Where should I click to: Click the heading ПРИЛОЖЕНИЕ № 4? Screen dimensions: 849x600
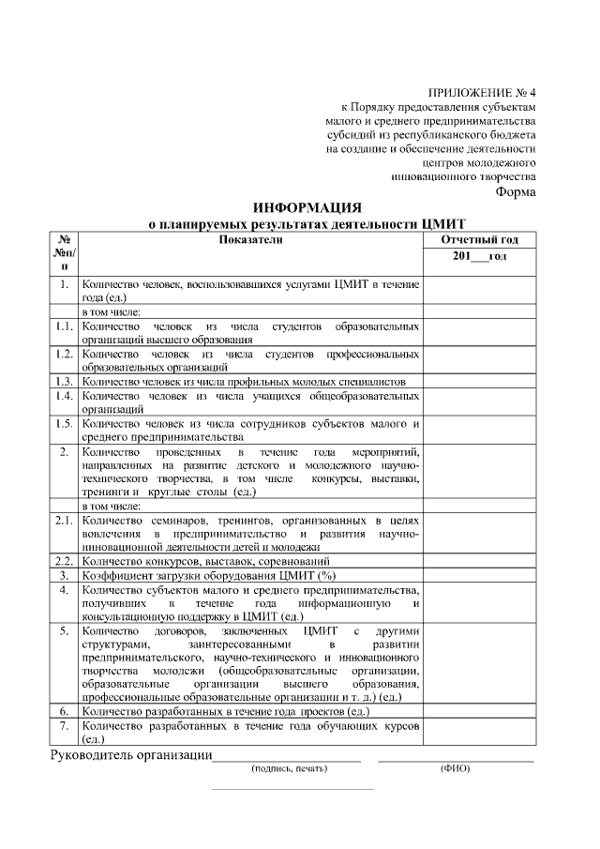pyautogui.click(x=481, y=93)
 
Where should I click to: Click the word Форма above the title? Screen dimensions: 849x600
pyautogui.click(x=515, y=192)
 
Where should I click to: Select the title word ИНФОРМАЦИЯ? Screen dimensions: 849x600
pyautogui.click(x=307, y=208)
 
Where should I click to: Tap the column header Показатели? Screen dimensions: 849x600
pyautogui.click(x=250, y=240)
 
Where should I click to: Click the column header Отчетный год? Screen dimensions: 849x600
pyautogui.click(x=479, y=240)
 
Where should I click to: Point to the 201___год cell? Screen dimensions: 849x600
pyautogui.click(x=479, y=257)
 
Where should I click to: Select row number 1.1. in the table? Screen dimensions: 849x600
pyautogui.click(x=63, y=326)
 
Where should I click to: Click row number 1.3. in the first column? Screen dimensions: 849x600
pyautogui.click(x=63, y=382)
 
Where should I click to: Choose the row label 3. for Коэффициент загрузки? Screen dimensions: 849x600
pyautogui.click(x=63, y=574)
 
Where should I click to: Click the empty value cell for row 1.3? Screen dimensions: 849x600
pyautogui.click(x=479, y=382)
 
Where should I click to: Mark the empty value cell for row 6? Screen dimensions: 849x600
pyautogui.click(x=479, y=712)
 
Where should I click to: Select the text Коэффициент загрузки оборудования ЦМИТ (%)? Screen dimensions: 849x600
pyautogui.click(x=208, y=574)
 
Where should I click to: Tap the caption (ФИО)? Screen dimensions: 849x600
pyautogui.click(x=456, y=769)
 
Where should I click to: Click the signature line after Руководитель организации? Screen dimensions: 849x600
pyautogui.click(x=287, y=758)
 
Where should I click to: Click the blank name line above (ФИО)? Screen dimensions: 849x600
pyautogui.click(x=456, y=758)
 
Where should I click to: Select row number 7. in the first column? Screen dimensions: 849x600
pyautogui.click(x=63, y=726)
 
